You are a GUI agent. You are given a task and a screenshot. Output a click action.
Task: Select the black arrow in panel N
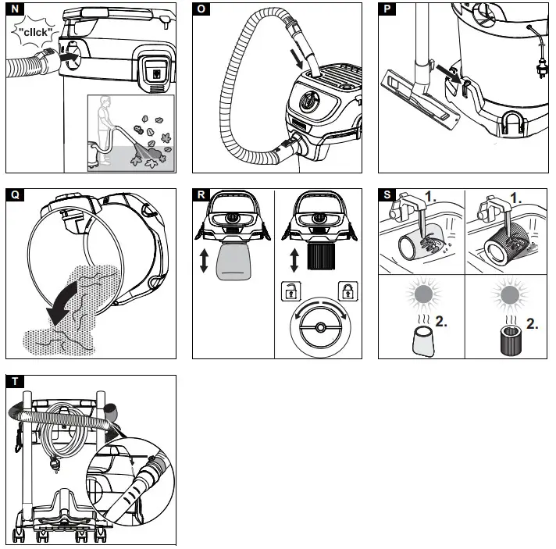pos(71,57)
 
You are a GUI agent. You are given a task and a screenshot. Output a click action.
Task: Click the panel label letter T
pos(13,381)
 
